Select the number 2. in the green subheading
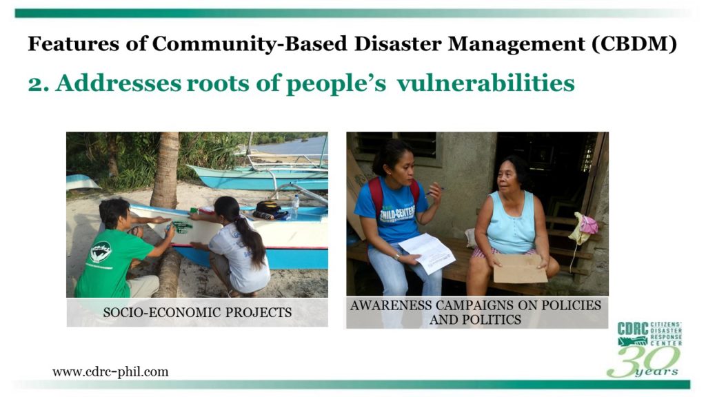(39, 83)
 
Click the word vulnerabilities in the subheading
(485, 83)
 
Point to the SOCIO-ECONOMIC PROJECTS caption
(197, 312)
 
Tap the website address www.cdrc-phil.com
(110, 371)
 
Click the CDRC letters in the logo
(633, 329)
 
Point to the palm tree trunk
(165, 170)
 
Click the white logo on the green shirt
(101, 252)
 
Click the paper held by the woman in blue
(426, 253)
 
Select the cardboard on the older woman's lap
(520, 268)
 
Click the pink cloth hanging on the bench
(587, 225)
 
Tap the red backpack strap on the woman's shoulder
(376, 194)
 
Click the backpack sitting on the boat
(270, 210)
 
